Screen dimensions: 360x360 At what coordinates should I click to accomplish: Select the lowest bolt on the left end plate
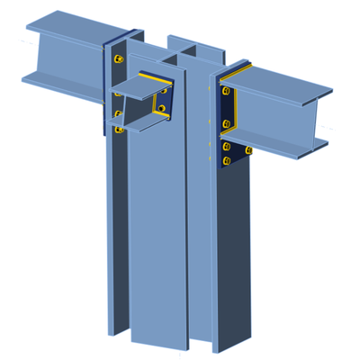(118, 130)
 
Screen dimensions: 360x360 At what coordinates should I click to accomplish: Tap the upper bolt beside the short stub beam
(163, 89)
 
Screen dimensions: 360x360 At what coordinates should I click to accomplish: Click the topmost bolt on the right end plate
(224, 91)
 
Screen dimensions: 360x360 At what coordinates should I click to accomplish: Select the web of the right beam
(279, 112)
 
